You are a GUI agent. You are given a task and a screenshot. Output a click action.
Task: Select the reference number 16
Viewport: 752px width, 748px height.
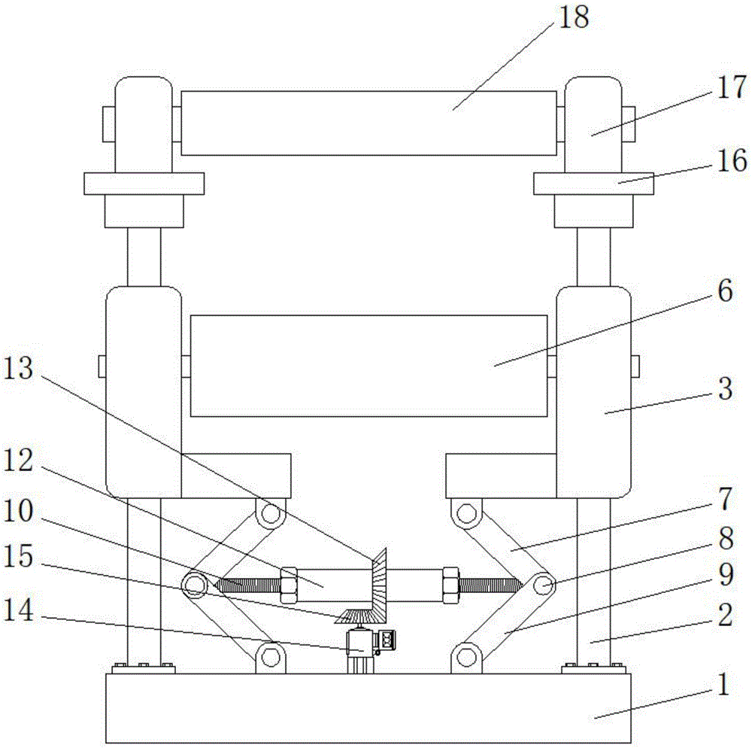(x=732, y=160)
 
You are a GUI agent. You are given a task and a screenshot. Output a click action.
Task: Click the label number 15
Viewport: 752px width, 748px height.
(x=18, y=557)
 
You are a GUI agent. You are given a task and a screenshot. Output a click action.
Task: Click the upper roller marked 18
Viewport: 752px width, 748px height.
(x=368, y=123)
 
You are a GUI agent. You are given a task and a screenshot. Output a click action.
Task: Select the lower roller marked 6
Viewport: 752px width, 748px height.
(x=368, y=366)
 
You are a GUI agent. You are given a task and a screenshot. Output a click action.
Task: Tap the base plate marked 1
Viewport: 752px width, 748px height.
(x=368, y=708)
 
